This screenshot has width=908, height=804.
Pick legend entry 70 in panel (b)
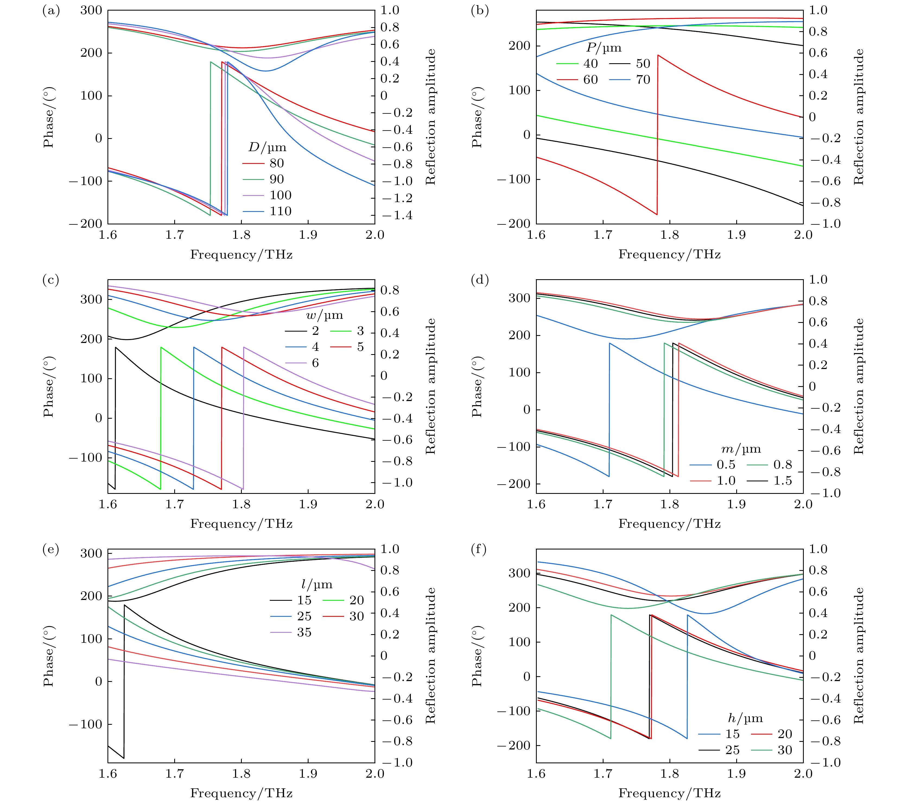click(x=643, y=80)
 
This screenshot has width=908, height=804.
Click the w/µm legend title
click(x=324, y=315)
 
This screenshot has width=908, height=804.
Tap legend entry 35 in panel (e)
click(x=304, y=633)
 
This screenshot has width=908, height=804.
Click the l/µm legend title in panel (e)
click(x=317, y=584)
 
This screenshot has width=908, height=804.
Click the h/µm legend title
click(x=745, y=718)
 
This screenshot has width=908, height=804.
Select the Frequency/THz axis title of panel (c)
click(x=241, y=524)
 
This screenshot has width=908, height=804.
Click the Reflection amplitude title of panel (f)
click(x=859, y=656)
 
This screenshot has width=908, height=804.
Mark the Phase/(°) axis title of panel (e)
click(x=48, y=656)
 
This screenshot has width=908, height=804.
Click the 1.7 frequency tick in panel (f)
click(x=603, y=774)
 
